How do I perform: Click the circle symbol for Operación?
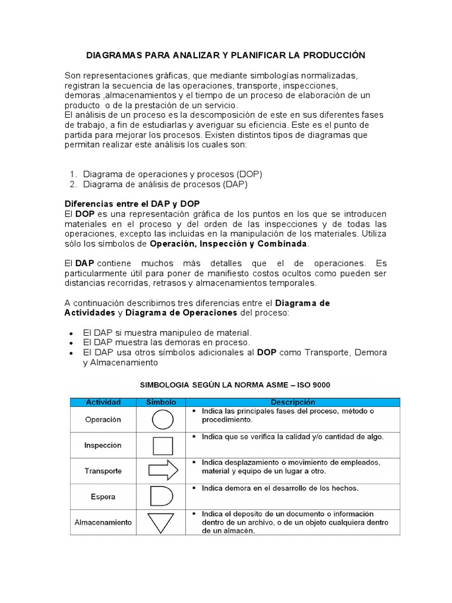pyautogui.click(x=163, y=420)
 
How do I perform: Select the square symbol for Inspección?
pyautogui.click(x=163, y=445)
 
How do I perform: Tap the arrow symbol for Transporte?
pyautogui.click(x=163, y=471)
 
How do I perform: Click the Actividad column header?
pyautogui.click(x=103, y=402)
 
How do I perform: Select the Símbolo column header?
pyautogui.click(x=161, y=402)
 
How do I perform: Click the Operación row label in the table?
pyautogui.click(x=103, y=420)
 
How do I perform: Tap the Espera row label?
pyautogui.click(x=103, y=496)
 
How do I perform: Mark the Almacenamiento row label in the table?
pyautogui.click(x=103, y=522)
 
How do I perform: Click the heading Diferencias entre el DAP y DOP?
pyautogui.click(x=132, y=203)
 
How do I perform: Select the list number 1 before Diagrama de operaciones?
pyautogui.click(x=73, y=174)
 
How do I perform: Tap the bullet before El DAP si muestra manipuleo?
pyautogui.click(x=71, y=333)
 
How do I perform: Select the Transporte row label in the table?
pyautogui.click(x=103, y=471)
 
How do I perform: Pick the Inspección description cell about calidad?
pyautogui.click(x=293, y=437)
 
